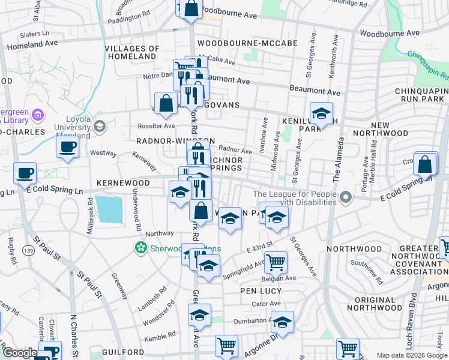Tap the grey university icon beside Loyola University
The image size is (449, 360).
(x=99, y=126)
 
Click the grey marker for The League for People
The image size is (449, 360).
(x=345, y=197)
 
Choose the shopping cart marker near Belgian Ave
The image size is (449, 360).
(x=276, y=261)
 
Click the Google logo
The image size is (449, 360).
(x=19, y=353)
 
